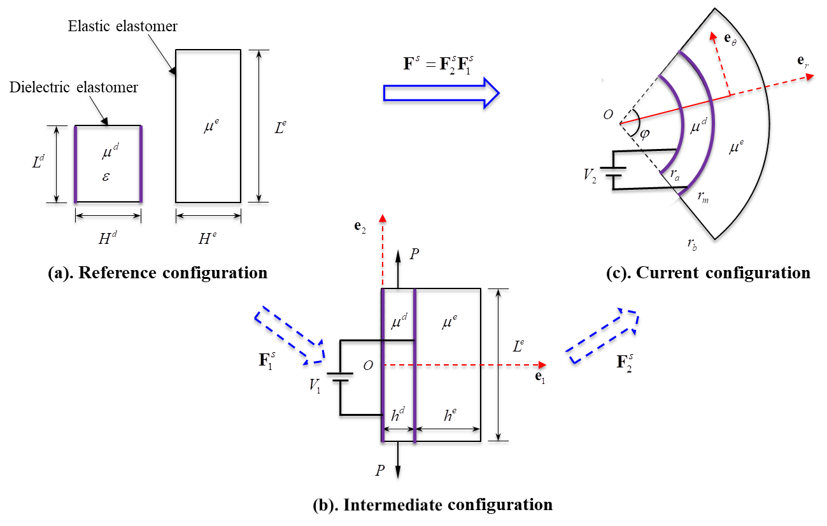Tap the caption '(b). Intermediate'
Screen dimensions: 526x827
tap(377, 505)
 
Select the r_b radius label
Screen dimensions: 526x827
tap(692, 243)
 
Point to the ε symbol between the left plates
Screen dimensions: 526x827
tap(106, 176)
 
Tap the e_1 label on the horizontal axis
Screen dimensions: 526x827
tap(540, 377)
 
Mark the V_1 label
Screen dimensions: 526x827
tap(314, 387)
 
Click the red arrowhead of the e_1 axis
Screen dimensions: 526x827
tap(542, 365)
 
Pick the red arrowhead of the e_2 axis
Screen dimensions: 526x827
tap(383, 218)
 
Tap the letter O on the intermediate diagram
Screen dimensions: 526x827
tap(368, 366)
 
